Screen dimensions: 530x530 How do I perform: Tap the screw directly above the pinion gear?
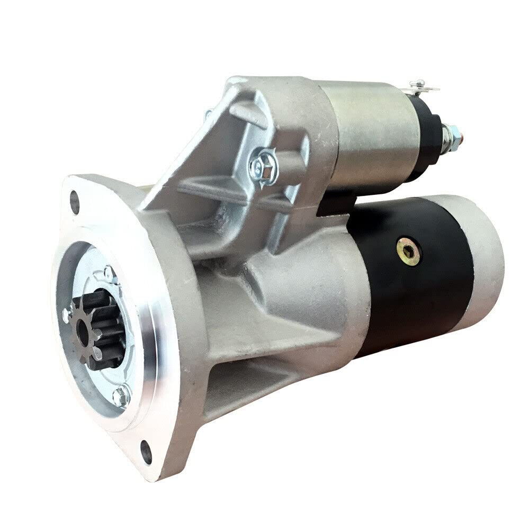[109, 273]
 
